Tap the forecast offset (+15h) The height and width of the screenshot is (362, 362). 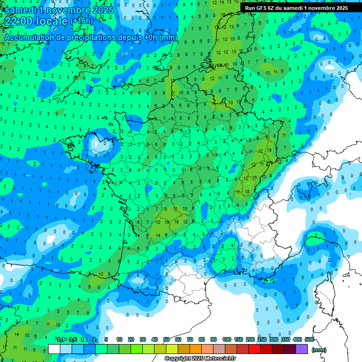(81, 21)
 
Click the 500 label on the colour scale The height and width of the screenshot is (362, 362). (309, 339)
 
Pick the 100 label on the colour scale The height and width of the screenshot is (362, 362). (227, 339)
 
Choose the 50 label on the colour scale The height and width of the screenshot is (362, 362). (166, 339)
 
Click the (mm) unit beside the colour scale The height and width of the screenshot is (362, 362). (319, 350)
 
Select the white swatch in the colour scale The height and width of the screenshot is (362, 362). (54, 349)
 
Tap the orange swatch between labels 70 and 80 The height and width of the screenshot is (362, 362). (196, 349)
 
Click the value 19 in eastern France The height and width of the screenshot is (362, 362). (269, 150)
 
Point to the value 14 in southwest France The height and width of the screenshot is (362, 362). (158, 235)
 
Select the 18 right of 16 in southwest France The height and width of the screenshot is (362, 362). (177, 221)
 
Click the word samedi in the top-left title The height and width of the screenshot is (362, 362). (23, 9)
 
